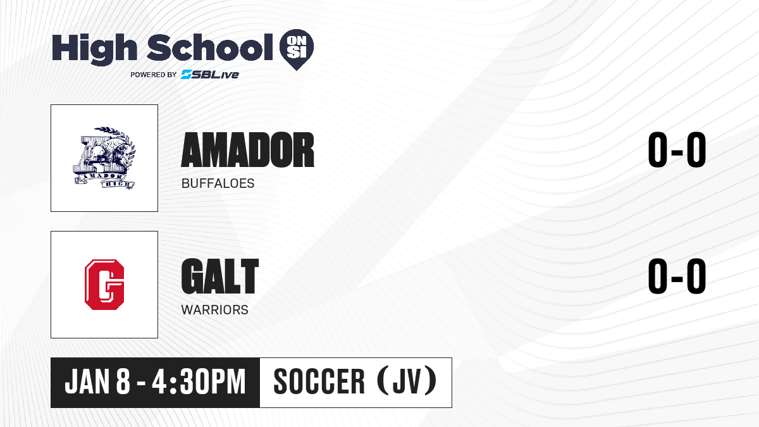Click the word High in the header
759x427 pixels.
tap(94, 49)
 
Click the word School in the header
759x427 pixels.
tap(210, 47)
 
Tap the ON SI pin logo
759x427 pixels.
tap(297, 49)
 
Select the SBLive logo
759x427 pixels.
tap(209, 75)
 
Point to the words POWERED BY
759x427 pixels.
tap(154, 75)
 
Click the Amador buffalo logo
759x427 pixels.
tap(104, 158)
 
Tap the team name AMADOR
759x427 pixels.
tap(248, 150)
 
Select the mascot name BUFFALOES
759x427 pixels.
tap(218, 183)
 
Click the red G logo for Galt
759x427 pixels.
tap(104, 285)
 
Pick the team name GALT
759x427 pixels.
tap(220, 276)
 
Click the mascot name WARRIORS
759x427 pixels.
tap(215, 310)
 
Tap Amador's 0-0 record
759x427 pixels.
tap(677, 150)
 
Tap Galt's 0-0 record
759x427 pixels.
tap(677, 276)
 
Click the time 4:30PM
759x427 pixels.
tap(199, 382)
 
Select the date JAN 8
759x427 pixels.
tap(97, 382)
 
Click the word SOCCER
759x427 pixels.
tap(319, 382)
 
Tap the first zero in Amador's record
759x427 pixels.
tap(657, 150)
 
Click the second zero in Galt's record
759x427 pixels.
tap(696, 276)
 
